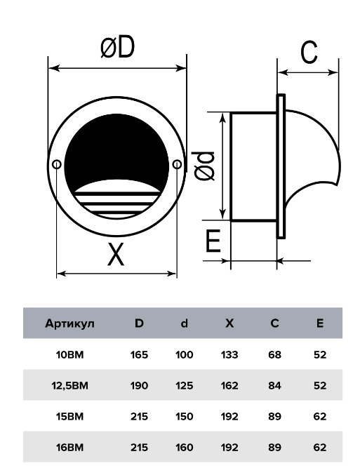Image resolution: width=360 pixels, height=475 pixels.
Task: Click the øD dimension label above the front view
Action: tap(117, 47)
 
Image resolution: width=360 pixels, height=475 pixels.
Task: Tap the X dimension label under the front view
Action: tap(116, 255)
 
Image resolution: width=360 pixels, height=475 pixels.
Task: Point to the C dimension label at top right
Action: tap(309, 52)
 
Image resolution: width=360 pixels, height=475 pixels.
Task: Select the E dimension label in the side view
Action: tap(213, 241)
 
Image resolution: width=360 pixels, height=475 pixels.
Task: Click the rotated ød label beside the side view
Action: tap(204, 166)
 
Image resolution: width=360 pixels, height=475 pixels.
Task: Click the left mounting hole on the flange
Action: tap(57, 164)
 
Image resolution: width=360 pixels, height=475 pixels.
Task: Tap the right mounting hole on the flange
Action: tap(177, 164)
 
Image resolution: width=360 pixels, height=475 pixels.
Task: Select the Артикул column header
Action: tap(69, 323)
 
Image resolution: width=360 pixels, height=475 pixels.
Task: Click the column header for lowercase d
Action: tap(185, 323)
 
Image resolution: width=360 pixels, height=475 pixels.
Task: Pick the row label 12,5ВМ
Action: tap(69, 386)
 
